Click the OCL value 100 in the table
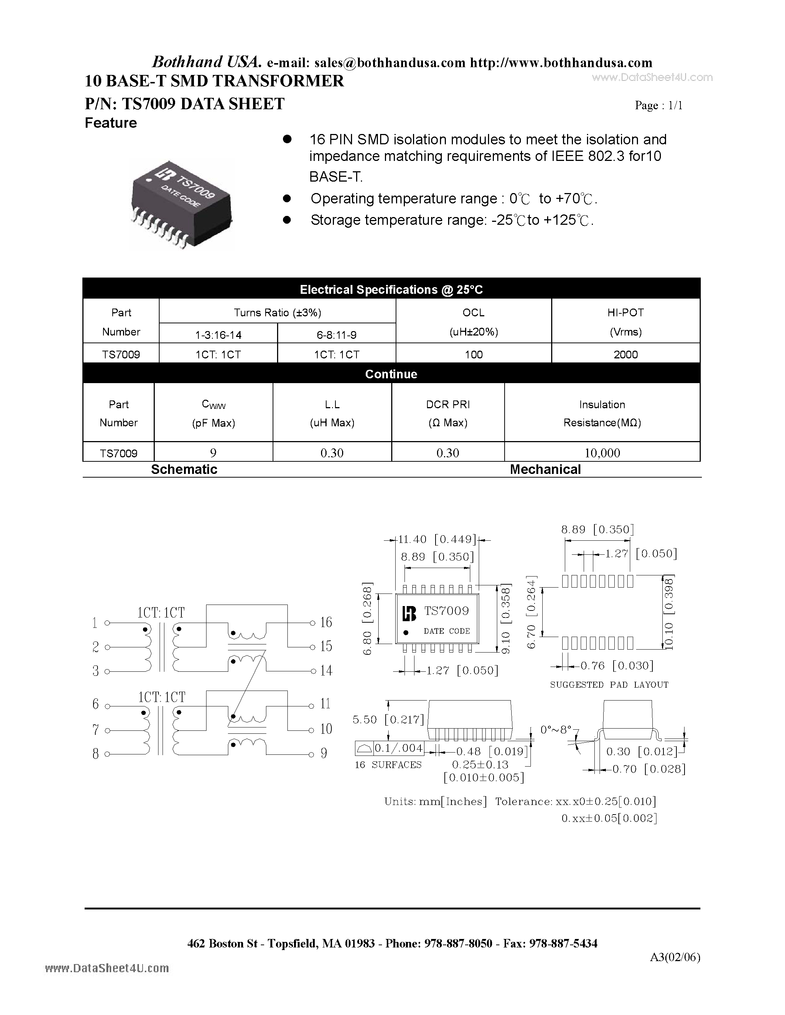point(474,355)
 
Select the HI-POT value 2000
point(625,355)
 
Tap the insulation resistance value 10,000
point(602,453)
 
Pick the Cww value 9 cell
point(214,453)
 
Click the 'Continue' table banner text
point(391,374)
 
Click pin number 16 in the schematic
point(326,622)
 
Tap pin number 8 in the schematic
point(96,754)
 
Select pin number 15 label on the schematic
point(326,646)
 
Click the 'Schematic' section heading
point(184,469)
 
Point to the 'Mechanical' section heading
point(545,469)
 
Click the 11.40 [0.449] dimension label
point(437,539)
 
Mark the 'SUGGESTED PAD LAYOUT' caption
point(609,685)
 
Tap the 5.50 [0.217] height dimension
point(388,719)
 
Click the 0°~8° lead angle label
point(555,730)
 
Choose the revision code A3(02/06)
point(675,957)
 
